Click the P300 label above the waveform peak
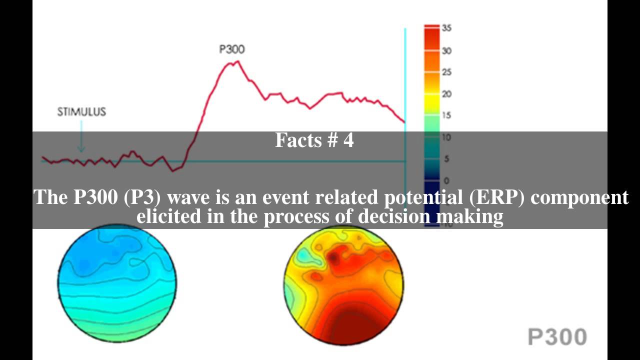(232, 49)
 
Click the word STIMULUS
(81, 112)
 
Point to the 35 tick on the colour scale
(446, 28)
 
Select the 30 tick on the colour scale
(446, 50)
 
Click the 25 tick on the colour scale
(446, 72)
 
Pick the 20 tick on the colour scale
(446, 94)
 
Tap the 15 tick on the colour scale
(446, 115)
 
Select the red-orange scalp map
(343, 285)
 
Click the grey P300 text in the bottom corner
(557, 337)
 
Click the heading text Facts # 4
(314, 140)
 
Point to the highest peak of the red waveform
(237, 61)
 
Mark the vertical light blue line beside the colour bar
(405, 75)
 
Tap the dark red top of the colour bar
(431, 35)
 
